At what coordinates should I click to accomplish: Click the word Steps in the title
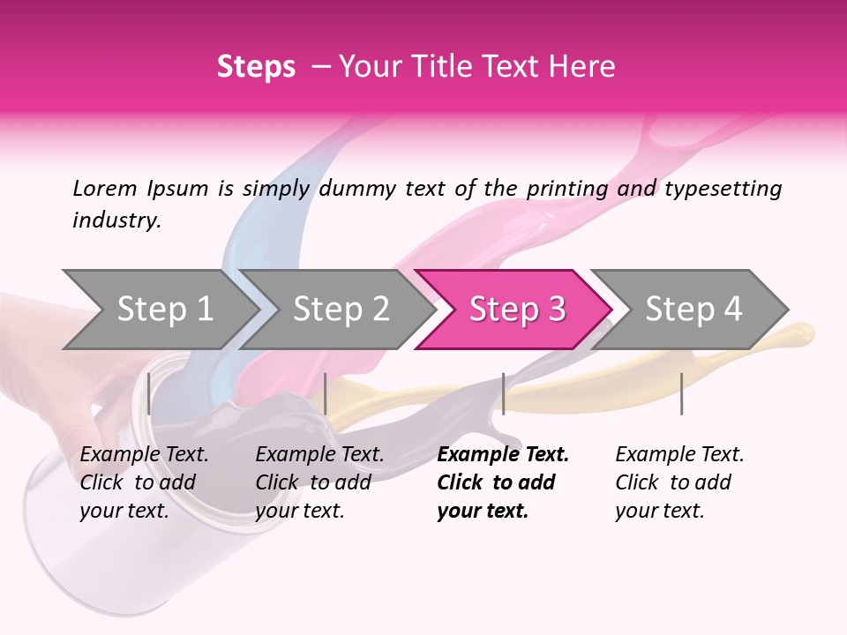point(256,67)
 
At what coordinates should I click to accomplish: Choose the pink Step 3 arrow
point(517,310)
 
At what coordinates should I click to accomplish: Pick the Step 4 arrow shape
point(693,310)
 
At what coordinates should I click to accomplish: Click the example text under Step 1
point(144,482)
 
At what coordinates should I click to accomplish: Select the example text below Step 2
point(319,482)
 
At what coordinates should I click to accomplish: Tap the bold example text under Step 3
point(502,482)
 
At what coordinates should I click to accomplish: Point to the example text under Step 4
point(679,482)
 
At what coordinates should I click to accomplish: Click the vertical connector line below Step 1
point(149,393)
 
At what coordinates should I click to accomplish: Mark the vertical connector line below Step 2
point(326,393)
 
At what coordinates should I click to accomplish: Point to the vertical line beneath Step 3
point(503,393)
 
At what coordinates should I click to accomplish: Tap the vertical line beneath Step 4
point(681,393)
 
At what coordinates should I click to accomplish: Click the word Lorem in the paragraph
point(105,189)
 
